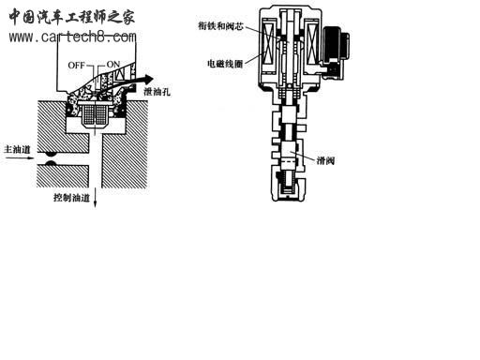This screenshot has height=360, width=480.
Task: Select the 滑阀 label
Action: pos(327,160)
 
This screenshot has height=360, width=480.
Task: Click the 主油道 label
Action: pos(17,148)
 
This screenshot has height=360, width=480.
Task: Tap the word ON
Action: pos(114,64)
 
